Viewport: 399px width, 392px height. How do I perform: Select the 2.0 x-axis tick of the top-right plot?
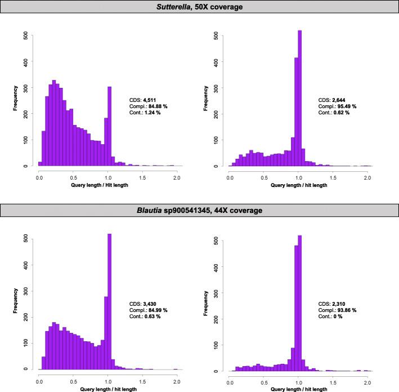tap(366, 177)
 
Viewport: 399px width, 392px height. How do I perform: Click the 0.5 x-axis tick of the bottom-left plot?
tap(73, 380)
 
